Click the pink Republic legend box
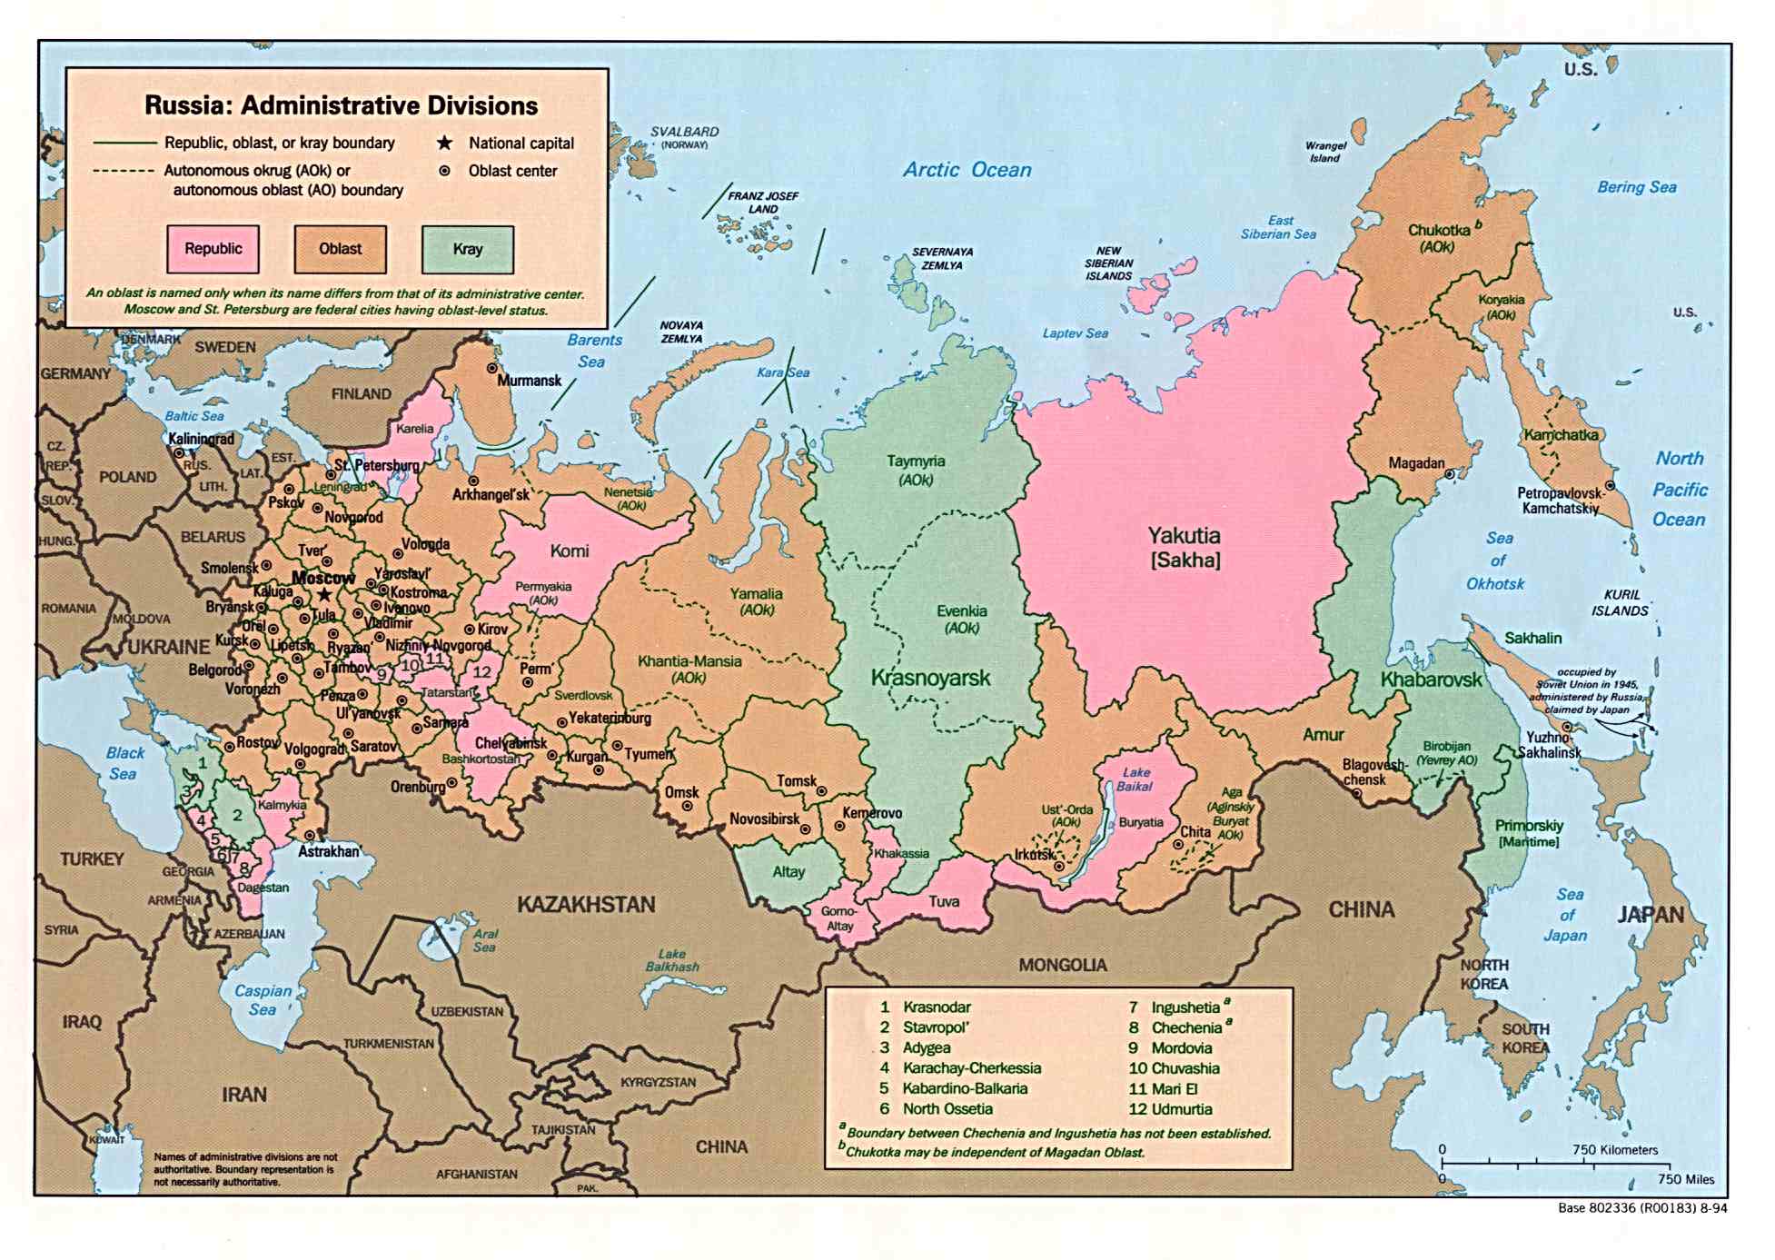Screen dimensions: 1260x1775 [x=213, y=249]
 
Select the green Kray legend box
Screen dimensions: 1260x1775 [x=467, y=249]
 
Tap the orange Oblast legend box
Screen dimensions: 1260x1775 [x=340, y=249]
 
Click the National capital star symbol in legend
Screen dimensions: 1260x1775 [x=444, y=144]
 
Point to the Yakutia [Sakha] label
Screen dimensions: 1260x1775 [x=1184, y=547]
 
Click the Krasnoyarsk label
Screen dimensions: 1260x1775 [x=930, y=678]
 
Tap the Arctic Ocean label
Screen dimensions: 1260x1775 [x=967, y=170]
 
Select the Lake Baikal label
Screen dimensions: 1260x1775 [x=1135, y=779]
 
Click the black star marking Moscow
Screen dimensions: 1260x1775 [x=324, y=594]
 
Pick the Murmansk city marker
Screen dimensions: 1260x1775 [x=491, y=369]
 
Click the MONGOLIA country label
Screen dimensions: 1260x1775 [x=1062, y=965]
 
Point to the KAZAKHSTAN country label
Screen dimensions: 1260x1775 [x=586, y=905]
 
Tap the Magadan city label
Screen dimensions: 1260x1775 [x=1415, y=463]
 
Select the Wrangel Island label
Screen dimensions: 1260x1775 [x=1325, y=152]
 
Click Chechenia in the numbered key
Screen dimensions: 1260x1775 [x=1186, y=1027]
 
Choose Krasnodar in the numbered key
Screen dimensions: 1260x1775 [x=937, y=1007]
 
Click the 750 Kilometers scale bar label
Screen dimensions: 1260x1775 [x=1615, y=1150]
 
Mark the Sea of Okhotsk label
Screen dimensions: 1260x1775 [x=1495, y=561]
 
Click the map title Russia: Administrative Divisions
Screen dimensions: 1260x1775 [x=341, y=105]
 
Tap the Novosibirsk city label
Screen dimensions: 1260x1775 [x=764, y=819]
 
